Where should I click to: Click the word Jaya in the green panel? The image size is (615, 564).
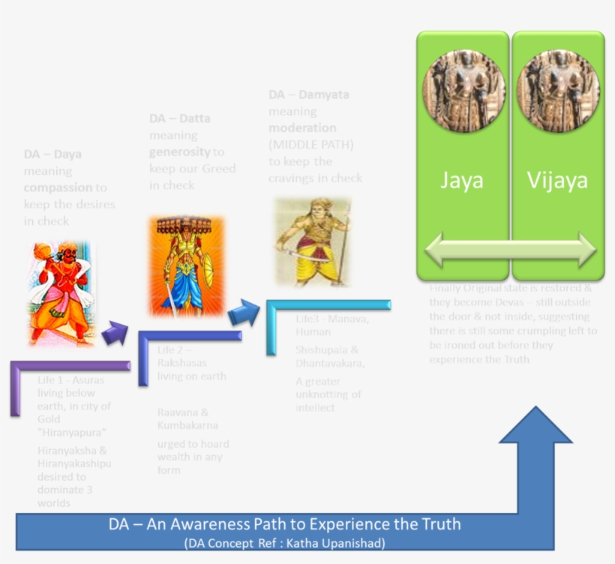coord(461,181)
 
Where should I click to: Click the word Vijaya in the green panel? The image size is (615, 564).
coord(556,181)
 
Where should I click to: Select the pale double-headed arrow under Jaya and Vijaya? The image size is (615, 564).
coord(509,249)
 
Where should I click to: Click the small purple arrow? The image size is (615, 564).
coord(115,333)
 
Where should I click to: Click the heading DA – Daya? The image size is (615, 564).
coord(52,154)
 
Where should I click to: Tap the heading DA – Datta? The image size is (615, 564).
coord(180,118)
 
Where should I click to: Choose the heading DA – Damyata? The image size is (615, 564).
coord(309,95)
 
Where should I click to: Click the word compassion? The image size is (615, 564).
coord(58,187)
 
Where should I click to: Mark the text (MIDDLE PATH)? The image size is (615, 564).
coord(311,145)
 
